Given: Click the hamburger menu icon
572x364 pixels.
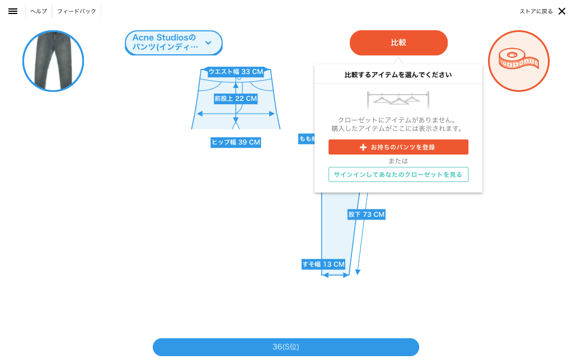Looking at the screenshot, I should point(13,11).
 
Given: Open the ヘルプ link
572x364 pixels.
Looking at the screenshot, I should point(39,11).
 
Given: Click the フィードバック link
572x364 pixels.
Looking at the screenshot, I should point(77,11).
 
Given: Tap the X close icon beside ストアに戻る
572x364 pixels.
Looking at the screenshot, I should point(562,11).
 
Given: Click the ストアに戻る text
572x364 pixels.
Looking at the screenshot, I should point(536,11).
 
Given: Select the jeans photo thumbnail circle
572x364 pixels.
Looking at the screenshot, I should point(53,61).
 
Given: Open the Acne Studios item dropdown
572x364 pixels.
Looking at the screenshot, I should point(174,43).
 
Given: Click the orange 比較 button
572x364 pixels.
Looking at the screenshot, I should point(398,43).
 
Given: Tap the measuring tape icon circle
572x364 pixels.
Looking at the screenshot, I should point(518,61).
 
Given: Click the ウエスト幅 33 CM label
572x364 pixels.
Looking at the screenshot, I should point(236,72).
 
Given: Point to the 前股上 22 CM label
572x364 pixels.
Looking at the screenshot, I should point(236,99).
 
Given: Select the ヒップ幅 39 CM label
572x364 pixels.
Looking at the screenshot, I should point(236,142).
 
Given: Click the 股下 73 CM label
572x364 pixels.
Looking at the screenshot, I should point(367,214).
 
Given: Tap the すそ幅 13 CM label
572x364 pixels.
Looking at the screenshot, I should point(323,264).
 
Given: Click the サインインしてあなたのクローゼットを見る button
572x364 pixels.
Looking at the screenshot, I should point(398,175).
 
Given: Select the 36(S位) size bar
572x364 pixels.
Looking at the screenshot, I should point(285,347).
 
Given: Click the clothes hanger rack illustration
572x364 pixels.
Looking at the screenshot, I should point(398,99).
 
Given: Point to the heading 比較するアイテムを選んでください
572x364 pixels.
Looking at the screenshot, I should point(398,74).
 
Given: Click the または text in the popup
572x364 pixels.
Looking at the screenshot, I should point(398,161).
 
